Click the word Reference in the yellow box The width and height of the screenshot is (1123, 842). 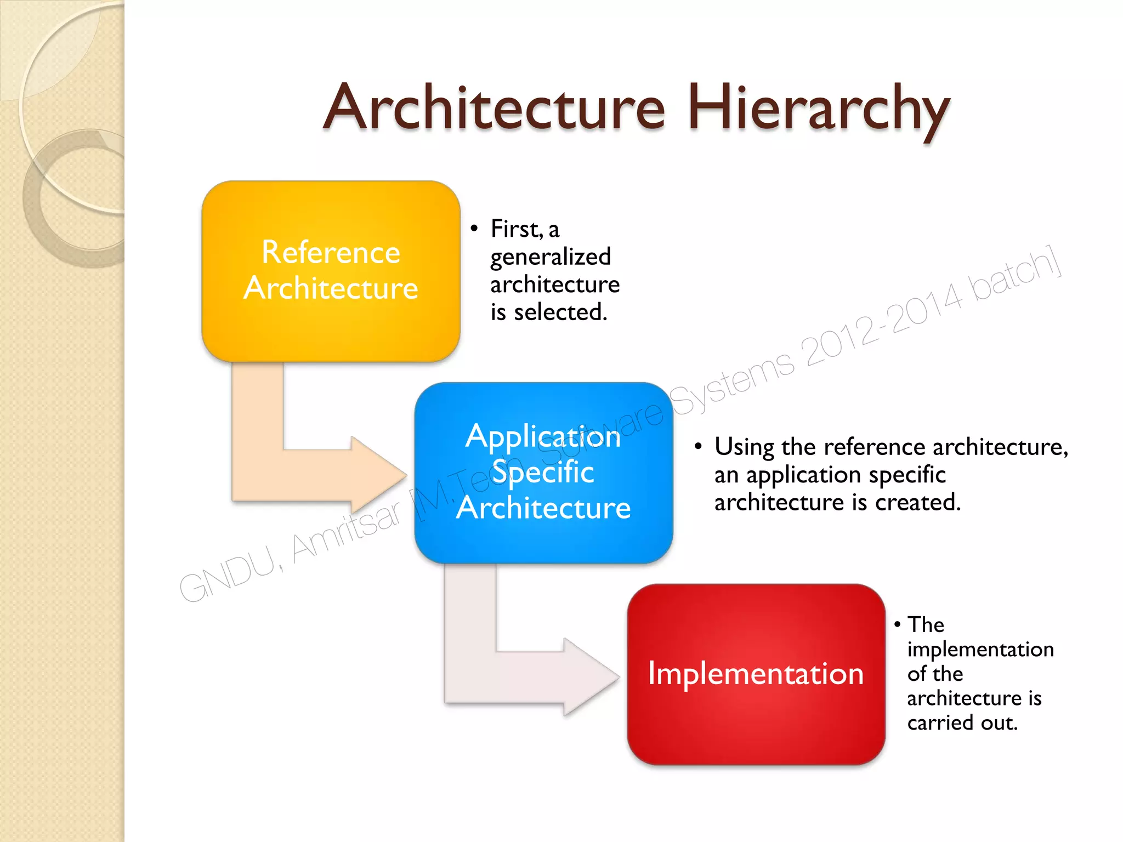pos(331,253)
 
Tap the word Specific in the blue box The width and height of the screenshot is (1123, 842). pos(543,472)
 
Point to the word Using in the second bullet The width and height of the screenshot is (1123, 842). pos(744,447)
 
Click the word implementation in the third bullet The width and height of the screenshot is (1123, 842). pos(980,650)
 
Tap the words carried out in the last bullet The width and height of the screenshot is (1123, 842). pos(962,723)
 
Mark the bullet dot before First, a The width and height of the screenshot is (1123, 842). pos(474,228)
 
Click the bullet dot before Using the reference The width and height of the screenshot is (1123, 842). pos(698,446)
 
